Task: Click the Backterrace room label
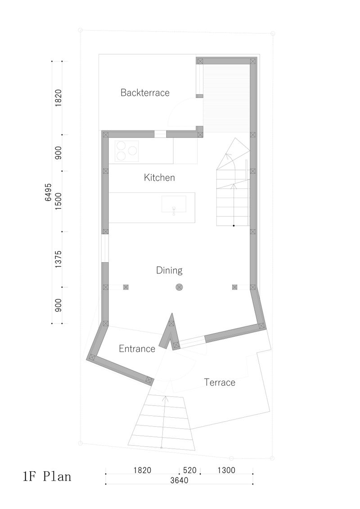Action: point(145,93)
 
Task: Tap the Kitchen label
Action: point(159,178)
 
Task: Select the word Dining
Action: point(169,270)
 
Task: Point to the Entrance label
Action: point(137,348)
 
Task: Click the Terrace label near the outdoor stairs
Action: point(220,383)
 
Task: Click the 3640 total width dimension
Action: point(179,480)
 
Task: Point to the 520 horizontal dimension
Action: point(189,470)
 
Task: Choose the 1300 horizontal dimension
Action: point(225,470)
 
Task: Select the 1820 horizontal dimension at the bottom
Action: point(142,470)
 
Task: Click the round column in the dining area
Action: point(179,287)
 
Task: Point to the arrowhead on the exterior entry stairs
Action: point(165,397)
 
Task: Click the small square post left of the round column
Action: point(126,287)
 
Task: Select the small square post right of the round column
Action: point(234,287)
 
